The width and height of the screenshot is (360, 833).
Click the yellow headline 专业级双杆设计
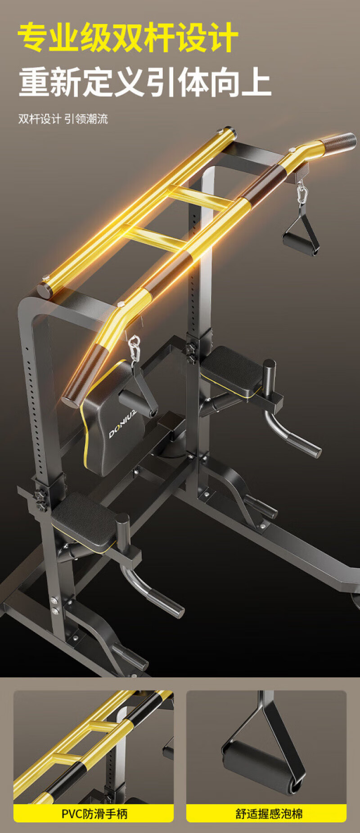pyautogui.click(x=128, y=37)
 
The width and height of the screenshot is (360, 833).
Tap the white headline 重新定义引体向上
pyautogui.click(x=145, y=82)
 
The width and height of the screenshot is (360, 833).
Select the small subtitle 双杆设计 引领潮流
pyautogui.click(x=63, y=119)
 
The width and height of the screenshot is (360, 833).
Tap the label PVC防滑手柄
pyautogui.click(x=94, y=813)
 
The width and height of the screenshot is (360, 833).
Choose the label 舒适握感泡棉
pyautogui.click(x=269, y=813)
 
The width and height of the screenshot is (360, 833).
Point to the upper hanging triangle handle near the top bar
pyautogui.click(x=301, y=234)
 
